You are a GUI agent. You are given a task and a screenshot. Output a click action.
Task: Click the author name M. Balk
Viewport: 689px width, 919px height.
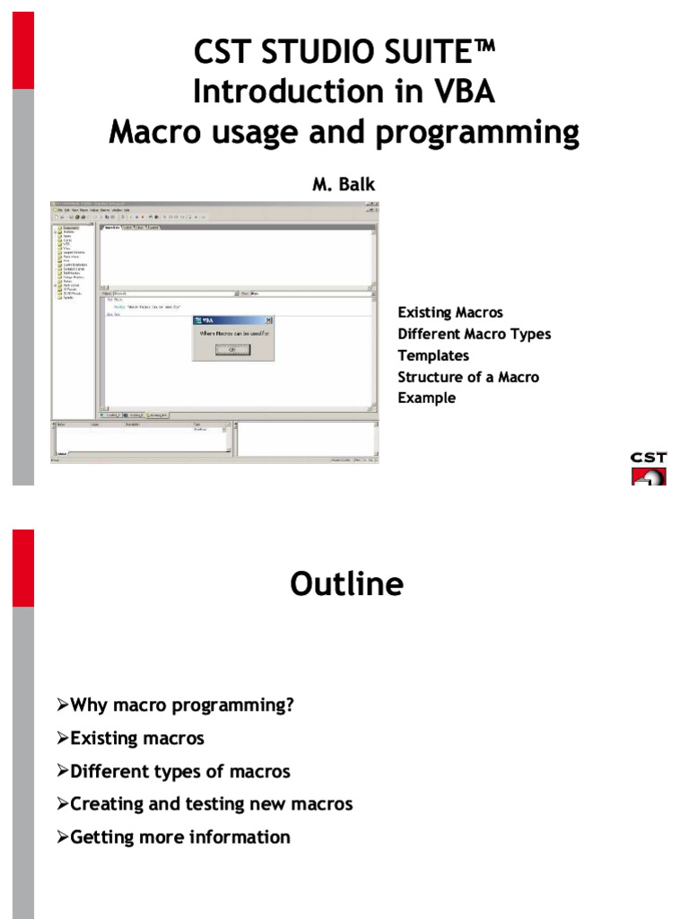[x=343, y=185]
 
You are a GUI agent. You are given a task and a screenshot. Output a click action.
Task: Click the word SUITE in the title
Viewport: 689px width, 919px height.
[x=432, y=53]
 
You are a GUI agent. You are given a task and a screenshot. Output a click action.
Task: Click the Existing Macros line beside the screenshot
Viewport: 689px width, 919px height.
[x=450, y=312]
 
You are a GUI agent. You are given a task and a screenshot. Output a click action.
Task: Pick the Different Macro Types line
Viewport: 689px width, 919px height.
[x=474, y=334]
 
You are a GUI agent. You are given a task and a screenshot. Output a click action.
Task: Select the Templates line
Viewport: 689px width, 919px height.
[x=433, y=355]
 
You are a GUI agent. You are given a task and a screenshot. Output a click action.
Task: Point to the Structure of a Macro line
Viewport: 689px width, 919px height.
[x=468, y=377]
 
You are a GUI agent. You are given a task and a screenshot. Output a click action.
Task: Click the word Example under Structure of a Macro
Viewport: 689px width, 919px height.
[x=427, y=398]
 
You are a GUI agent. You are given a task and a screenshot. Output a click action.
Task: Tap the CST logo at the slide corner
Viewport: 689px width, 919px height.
[x=649, y=468]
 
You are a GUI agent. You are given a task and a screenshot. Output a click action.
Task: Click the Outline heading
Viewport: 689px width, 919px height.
[x=346, y=584]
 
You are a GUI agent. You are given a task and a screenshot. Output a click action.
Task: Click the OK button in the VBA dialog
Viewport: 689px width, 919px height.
[x=232, y=351]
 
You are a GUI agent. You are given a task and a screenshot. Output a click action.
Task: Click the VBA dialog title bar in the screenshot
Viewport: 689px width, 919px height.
[x=232, y=319]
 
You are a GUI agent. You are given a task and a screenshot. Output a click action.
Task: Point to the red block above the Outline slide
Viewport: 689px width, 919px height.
[x=23, y=567]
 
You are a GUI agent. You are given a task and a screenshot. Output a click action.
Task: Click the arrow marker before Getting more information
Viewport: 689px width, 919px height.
[x=63, y=837]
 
